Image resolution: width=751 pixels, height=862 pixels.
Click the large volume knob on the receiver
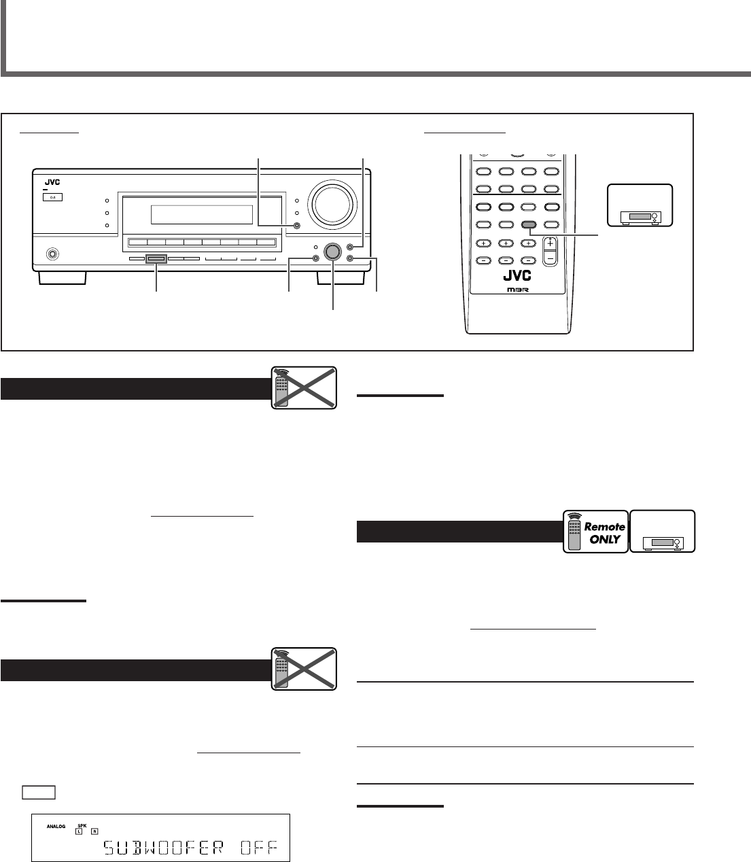pyautogui.click(x=331, y=203)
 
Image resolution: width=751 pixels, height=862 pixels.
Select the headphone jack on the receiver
pyautogui.click(x=50, y=255)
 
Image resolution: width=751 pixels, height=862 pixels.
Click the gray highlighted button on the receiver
pyautogui.click(x=156, y=258)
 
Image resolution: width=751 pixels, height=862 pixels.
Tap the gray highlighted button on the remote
pyautogui.click(x=529, y=224)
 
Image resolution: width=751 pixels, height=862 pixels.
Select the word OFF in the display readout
pyautogui.click(x=262, y=848)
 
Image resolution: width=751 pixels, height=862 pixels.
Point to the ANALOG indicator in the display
pyautogui.click(x=57, y=826)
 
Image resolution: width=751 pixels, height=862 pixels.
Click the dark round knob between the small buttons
pyautogui.click(x=332, y=252)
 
